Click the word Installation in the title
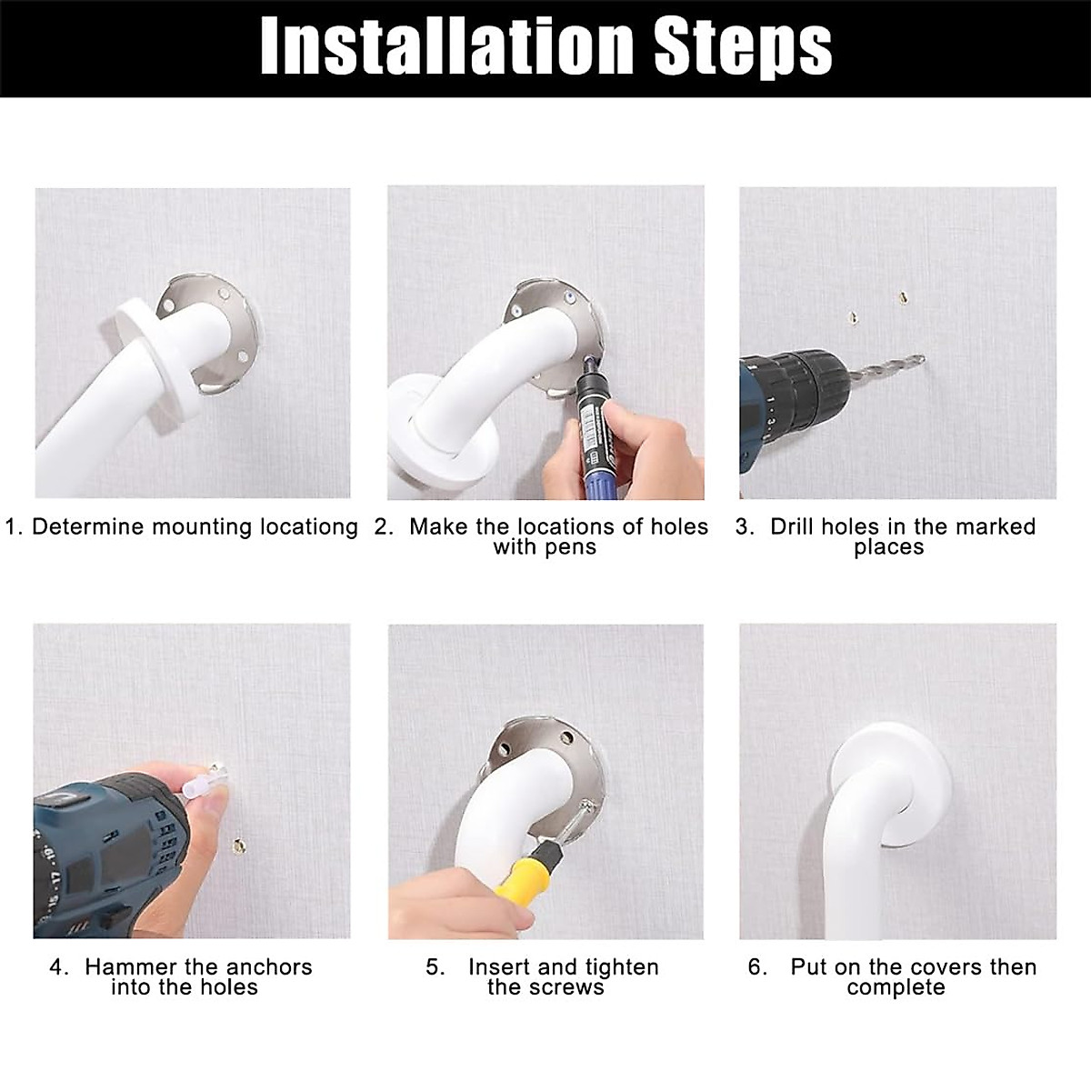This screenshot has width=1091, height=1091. pyautogui.click(x=445, y=47)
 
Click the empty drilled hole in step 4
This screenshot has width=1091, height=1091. pyautogui.click(x=239, y=846)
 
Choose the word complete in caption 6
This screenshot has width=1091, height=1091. pyautogui.click(x=896, y=988)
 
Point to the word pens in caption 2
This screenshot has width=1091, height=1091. pyautogui.click(x=571, y=548)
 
